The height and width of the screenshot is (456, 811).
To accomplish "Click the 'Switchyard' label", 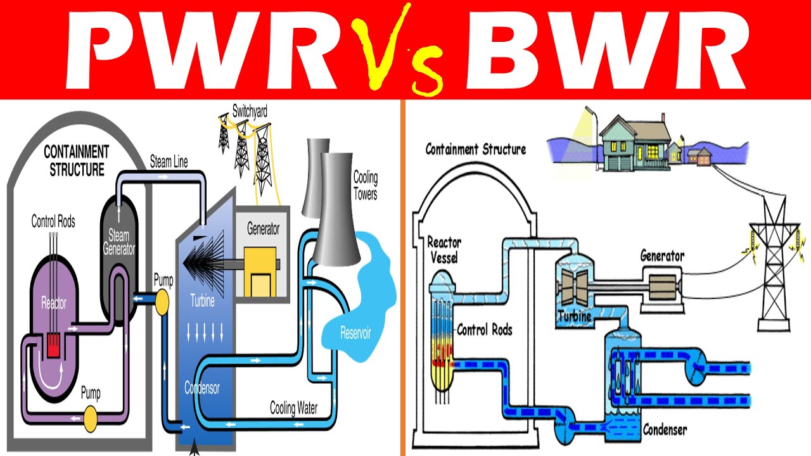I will pyautogui.click(x=250, y=111).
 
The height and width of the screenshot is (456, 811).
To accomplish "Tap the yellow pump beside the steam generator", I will pyautogui.click(x=162, y=302).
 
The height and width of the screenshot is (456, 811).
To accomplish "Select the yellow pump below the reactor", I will pyautogui.click(x=91, y=417).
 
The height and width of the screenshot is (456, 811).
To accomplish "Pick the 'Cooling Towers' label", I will pyautogui.click(x=365, y=185).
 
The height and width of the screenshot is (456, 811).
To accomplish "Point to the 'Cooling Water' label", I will pyautogui.click(x=293, y=408).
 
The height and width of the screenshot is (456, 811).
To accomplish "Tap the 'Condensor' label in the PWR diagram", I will pyautogui.click(x=202, y=387).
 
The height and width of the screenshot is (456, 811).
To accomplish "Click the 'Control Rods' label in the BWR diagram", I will pyautogui.click(x=484, y=330).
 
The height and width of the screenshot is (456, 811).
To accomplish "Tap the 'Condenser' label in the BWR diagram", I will pyautogui.click(x=665, y=430).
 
